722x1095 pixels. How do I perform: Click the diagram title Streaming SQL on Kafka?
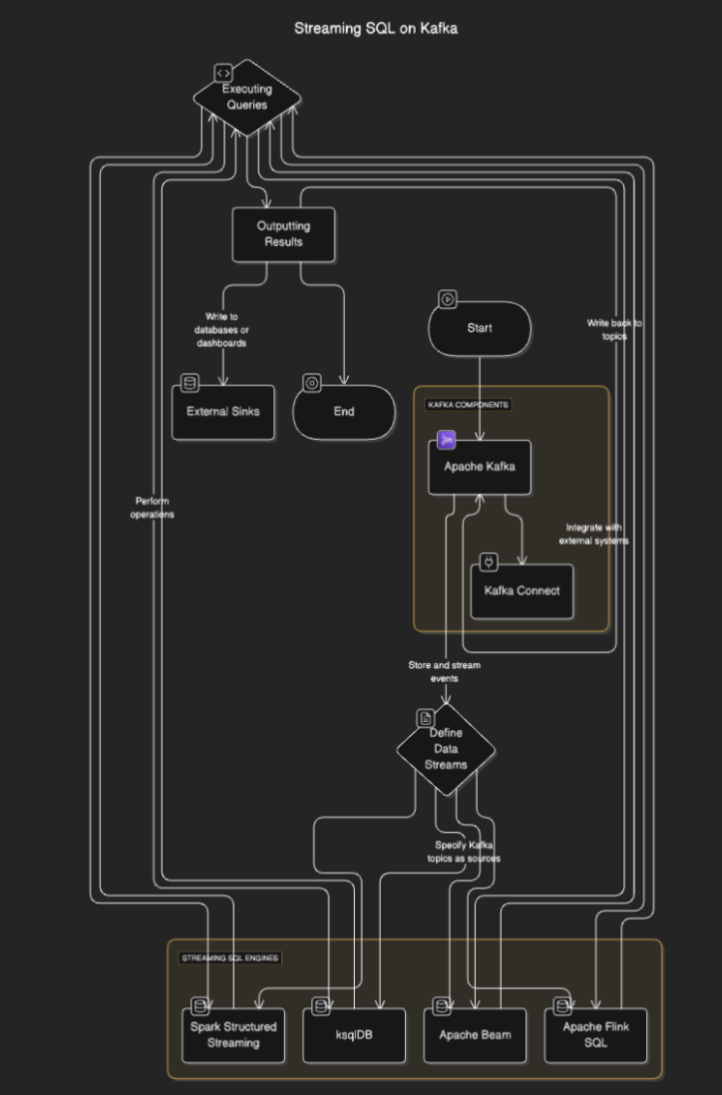pyautogui.click(x=376, y=29)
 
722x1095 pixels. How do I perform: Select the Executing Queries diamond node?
pyautogui.click(x=246, y=98)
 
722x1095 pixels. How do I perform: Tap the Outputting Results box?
pyautogui.click(x=283, y=234)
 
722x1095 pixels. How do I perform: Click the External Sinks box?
pyautogui.click(x=222, y=412)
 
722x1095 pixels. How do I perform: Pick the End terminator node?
pyautogui.click(x=343, y=412)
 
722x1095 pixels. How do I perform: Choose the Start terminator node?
pyautogui.click(x=480, y=328)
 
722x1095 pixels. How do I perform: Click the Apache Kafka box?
pyautogui.click(x=480, y=467)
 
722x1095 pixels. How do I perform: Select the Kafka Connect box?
pyautogui.click(x=522, y=591)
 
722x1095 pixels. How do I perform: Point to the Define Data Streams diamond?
pyautogui.click(x=446, y=750)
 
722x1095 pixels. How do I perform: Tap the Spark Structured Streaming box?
pyautogui.click(x=233, y=1035)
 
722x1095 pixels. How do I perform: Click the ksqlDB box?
pyautogui.click(x=354, y=1035)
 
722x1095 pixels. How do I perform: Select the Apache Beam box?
pyautogui.click(x=475, y=1035)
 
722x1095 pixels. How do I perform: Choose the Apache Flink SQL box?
pyautogui.click(x=595, y=1035)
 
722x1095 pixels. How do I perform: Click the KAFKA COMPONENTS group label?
pyautogui.click(x=468, y=405)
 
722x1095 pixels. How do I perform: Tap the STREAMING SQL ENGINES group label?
pyautogui.click(x=230, y=958)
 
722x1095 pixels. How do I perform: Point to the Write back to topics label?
pyautogui.click(x=614, y=330)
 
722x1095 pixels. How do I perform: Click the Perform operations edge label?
pyautogui.click(x=152, y=508)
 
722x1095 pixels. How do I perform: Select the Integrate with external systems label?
pyautogui.click(x=594, y=535)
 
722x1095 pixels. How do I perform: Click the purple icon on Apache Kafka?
pyautogui.click(x=446, y=440)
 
